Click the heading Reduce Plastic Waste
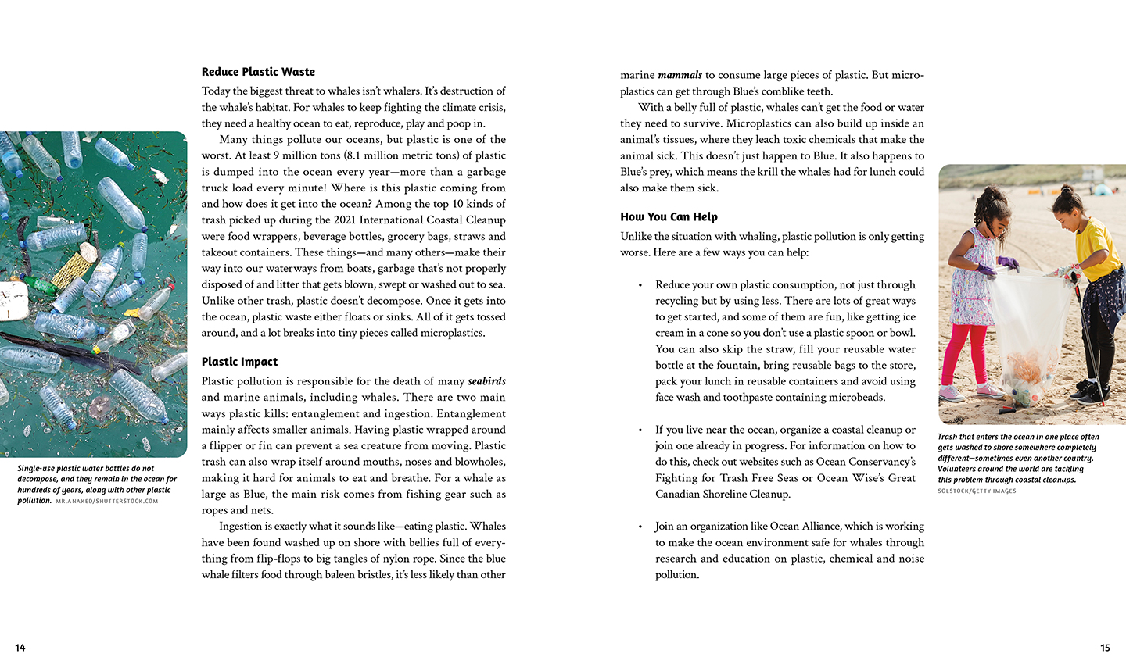258,72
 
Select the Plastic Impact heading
239,362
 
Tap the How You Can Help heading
669,217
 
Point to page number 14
20,648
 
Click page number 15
1105,648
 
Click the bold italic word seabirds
486,381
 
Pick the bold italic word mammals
680,76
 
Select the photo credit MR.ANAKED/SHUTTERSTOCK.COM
107,502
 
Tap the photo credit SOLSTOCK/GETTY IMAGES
977,491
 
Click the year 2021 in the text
345,220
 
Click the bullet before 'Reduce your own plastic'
640,286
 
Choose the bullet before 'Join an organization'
640,527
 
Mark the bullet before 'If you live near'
640,430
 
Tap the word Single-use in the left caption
35,469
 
